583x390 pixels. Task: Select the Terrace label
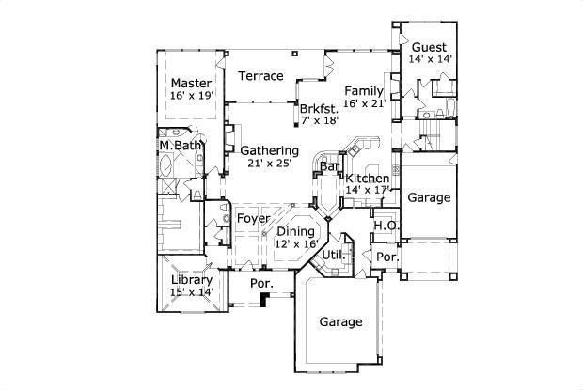click(260, 76)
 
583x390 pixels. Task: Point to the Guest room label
click(429, 46)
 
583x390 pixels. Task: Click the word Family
click(364, 90)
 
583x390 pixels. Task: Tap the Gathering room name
click(269, 150)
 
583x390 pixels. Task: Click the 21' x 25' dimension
click(269, 163)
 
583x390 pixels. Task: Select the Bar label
click(329, 167)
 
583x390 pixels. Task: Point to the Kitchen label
click(367, 179)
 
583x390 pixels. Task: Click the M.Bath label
click(180, 146)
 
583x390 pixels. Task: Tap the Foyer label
click(254, 219)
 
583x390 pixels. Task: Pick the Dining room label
click(295, 230)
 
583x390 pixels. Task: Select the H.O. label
click(384, 226)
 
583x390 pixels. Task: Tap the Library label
click(192, 280)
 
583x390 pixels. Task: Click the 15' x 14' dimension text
click(192, 292)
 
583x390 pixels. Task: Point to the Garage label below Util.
click(339, 321)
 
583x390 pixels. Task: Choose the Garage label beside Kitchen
click(429, 198)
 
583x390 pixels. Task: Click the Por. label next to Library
click(260, 283)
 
